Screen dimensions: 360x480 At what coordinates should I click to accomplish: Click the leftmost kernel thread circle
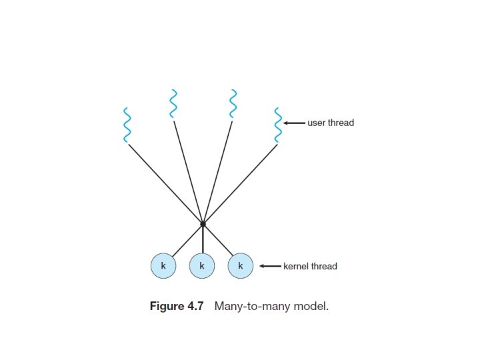(x=163, y=266)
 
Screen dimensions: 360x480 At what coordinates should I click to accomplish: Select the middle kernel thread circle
(x=202, y=266)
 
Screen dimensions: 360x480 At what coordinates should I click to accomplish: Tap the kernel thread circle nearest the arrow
(x=241, y=266)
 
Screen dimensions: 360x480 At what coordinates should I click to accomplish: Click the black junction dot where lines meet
(x=203, y=224)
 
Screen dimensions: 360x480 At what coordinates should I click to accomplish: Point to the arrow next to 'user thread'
(x=294, y=123)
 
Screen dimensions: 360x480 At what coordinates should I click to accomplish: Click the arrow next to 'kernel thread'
(x=270, y=267)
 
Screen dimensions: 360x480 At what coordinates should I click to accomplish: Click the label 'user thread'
(x=331, y=123)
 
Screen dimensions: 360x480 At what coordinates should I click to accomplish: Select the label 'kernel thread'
(x=311, y=267)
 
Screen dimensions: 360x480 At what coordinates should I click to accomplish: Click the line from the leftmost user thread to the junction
(x=163, y=183)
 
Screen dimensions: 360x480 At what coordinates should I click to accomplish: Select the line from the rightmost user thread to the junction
(x=240, y=184)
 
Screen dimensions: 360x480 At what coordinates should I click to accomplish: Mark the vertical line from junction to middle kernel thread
(x=203, y=239)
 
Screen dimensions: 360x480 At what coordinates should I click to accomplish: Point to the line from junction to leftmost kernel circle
(x=187, y=240)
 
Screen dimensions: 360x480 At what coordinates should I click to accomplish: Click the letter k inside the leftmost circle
(x=163, y=266)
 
